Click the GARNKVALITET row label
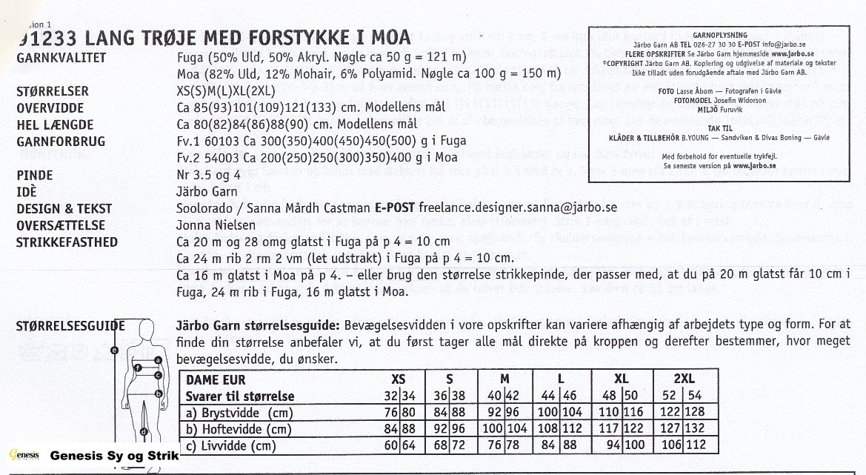pos(61,58)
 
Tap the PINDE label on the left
pos(35,176)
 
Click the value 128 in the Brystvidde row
pos(694,413)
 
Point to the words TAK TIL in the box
pos(719,127)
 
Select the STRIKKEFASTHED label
pos(67,242)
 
